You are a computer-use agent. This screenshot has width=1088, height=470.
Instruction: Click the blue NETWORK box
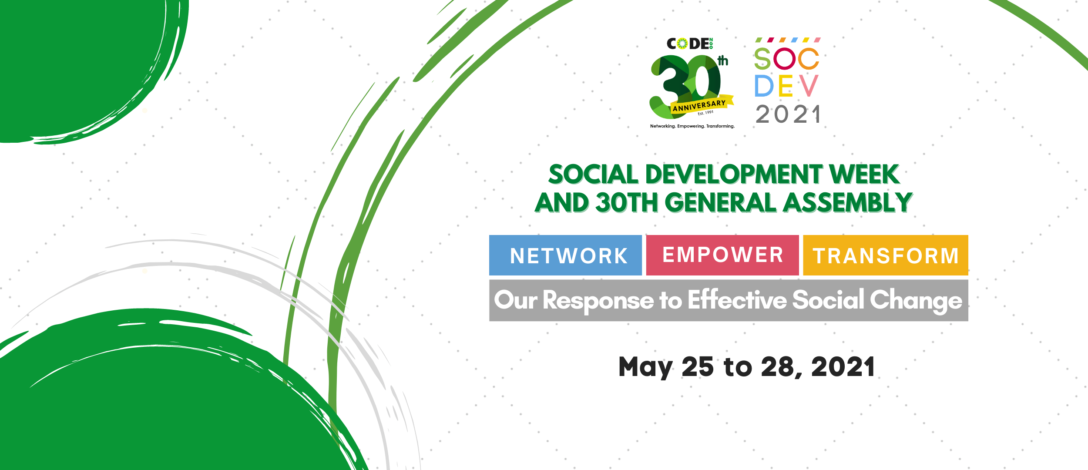(565, 255)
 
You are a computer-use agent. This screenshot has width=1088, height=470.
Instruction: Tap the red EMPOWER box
(722, 255)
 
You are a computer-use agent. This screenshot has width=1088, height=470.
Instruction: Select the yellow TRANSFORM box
(885, 255)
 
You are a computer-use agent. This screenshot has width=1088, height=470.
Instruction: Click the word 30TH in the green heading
(626, 203)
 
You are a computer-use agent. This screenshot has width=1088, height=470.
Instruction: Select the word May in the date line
(645, 367)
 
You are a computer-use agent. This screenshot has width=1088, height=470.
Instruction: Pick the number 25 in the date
(698, 367)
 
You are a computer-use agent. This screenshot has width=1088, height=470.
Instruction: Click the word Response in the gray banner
(598, 300)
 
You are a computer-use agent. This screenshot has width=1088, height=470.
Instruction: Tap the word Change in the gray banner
(916, 300)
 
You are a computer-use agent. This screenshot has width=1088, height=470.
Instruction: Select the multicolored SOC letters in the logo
(786, 58)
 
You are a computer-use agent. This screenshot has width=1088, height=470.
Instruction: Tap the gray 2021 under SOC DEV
(788, 114)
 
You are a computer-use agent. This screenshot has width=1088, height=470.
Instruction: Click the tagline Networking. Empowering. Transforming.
(692, 126)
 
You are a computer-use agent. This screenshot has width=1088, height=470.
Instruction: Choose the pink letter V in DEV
(809, 86)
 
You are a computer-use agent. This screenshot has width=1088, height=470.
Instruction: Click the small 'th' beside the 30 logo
(723, 61)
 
